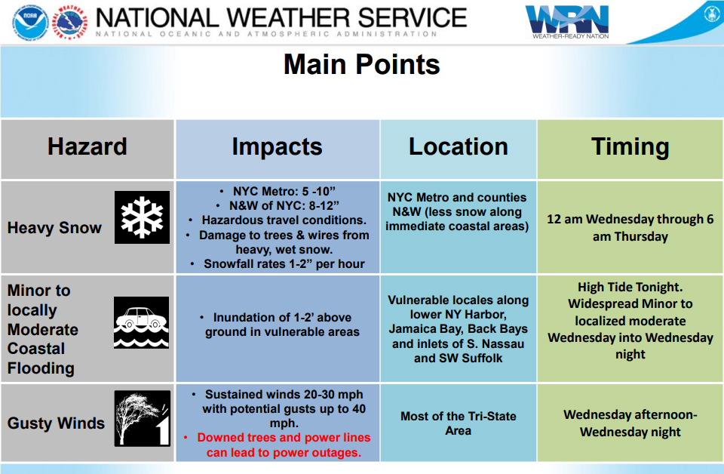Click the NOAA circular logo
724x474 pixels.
[x=30, y=22]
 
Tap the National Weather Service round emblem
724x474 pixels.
[x=69, y=22]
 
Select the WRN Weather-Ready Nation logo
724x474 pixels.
[x=567, y=22]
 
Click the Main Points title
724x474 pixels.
[x=361, y=64]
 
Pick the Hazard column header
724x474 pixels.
[x=87, y=146]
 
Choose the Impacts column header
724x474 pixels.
[x=277, y=147]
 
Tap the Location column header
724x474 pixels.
[x=459, y=146]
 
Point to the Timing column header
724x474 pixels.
[x=630, y=147]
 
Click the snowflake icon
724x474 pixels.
[x=143, y=217]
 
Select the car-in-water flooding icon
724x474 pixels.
[x=141, y=322]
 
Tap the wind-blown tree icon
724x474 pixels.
[x=143, y=419]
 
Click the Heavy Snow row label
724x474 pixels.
[x=54, y=228]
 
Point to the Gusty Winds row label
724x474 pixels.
[x=56, y=423]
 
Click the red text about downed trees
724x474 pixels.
[x=284, y=445]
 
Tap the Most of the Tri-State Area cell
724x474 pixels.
[x=458, y=423]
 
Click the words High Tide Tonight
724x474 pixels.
[x=630, y=288]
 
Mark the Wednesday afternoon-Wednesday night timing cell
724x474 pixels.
[x=630, y=423]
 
